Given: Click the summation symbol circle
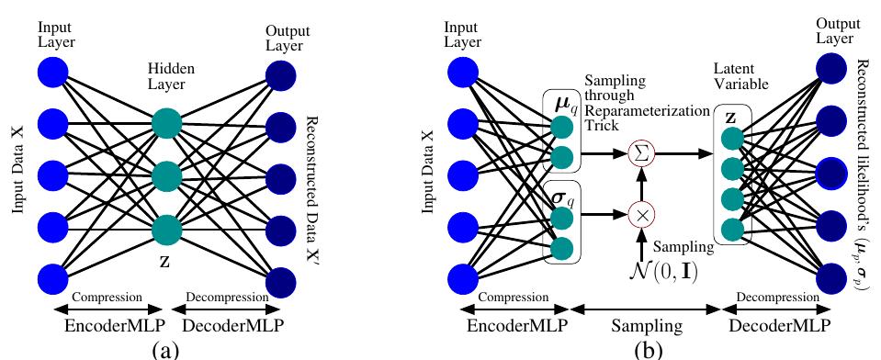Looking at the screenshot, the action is pyautogui.click(x=641, y=152).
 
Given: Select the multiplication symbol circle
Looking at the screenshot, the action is pyautogui.click(x=641, y=214).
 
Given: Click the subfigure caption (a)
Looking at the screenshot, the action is pyautogui.click(x=165, y=350).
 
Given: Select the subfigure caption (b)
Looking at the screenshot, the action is pyautogui.click(x=648, y=350).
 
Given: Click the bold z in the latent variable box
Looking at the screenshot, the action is pyautogui.click(x=729, y=118).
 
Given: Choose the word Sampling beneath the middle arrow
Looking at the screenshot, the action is pyautogui.click(x=646, y=326).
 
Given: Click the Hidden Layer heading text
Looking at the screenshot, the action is pyautogui.click(x=172, y=76).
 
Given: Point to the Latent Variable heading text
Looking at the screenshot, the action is pyautogui.click(x=741, y=76).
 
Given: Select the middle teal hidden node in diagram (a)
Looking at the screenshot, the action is pyautogui.click(x=167, y=176).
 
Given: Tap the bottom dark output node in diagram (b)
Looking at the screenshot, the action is pyautogui.click(x=831, y=276).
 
